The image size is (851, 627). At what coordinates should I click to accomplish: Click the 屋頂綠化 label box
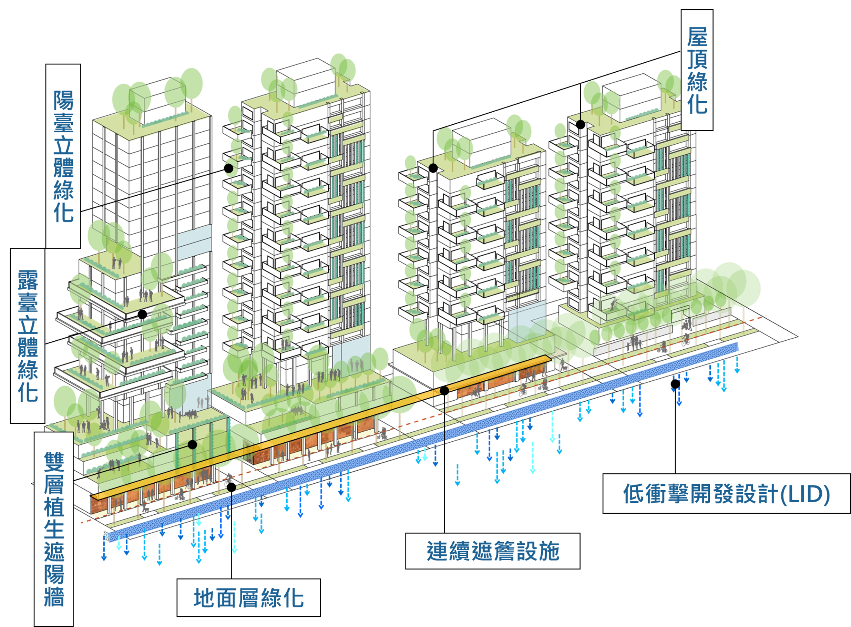tap(697, 70)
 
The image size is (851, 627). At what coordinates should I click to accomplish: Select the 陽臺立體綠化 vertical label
tap(63, 156)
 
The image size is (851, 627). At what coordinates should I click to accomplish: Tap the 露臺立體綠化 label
tap(28, 336)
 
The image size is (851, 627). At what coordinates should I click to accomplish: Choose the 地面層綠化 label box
tap(248, 598)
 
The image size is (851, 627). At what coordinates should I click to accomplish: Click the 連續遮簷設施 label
tap(492, 551)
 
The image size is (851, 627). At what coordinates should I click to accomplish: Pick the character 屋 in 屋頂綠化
tap(697, 37)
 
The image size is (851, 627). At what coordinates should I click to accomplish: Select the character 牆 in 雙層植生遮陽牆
tap(54, 596)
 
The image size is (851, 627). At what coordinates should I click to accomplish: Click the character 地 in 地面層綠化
tap(205, 598)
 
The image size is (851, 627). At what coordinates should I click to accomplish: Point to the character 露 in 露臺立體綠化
tap(28, 280)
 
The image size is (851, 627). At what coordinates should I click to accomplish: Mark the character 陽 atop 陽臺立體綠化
tap(63, 100)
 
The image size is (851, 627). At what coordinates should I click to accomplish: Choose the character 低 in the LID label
tap(634, 494)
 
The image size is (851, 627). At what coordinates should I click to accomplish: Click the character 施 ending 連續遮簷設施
tap(549, 552)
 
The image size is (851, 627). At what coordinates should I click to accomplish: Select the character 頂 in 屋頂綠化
tap(697, 59)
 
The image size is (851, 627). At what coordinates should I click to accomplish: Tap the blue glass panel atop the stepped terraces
tap(194, 242)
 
